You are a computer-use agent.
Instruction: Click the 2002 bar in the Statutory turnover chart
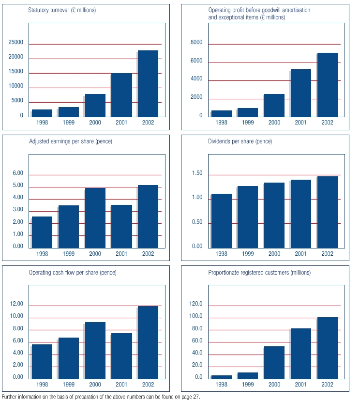[148, 83]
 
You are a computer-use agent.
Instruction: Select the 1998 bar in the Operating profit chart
[222, 113]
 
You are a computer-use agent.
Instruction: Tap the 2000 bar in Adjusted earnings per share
[95, 217]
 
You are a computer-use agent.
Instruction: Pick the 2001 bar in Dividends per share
[301, 214]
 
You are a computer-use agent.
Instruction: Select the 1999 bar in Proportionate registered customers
[248, 375]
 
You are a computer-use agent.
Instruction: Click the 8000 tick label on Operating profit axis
[196, 43]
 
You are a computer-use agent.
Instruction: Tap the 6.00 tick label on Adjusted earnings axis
[17, 173]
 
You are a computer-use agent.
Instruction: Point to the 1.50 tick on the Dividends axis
[197, 173]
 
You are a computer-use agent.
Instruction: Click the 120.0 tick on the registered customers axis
[195, 304]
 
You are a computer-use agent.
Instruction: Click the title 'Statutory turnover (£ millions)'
[62, 10]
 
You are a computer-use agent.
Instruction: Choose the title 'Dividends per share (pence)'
[240, 141]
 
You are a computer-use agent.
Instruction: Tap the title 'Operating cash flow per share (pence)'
[73, 273]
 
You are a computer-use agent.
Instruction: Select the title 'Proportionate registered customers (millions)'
[259, 273]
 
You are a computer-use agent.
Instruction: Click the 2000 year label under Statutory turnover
[95, 123]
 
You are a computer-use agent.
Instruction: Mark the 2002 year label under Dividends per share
[328, 253]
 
